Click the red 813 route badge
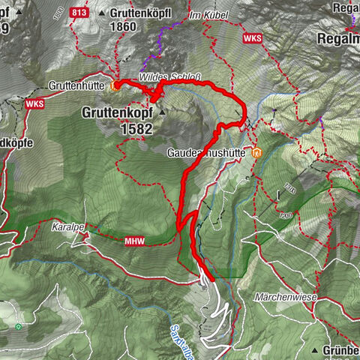[79, 13]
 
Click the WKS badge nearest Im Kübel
[253, 37]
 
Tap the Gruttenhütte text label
[78, 85]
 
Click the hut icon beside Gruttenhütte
[114, 85]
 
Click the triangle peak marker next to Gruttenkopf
[161, 112]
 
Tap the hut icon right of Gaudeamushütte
[258, 152]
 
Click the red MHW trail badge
[133, 241]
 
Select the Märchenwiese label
[287, 298]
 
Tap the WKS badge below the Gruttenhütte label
[34, 104]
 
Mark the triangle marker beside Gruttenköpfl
[102, 13]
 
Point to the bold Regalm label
[338, 38]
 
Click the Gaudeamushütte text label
[209, 152]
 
